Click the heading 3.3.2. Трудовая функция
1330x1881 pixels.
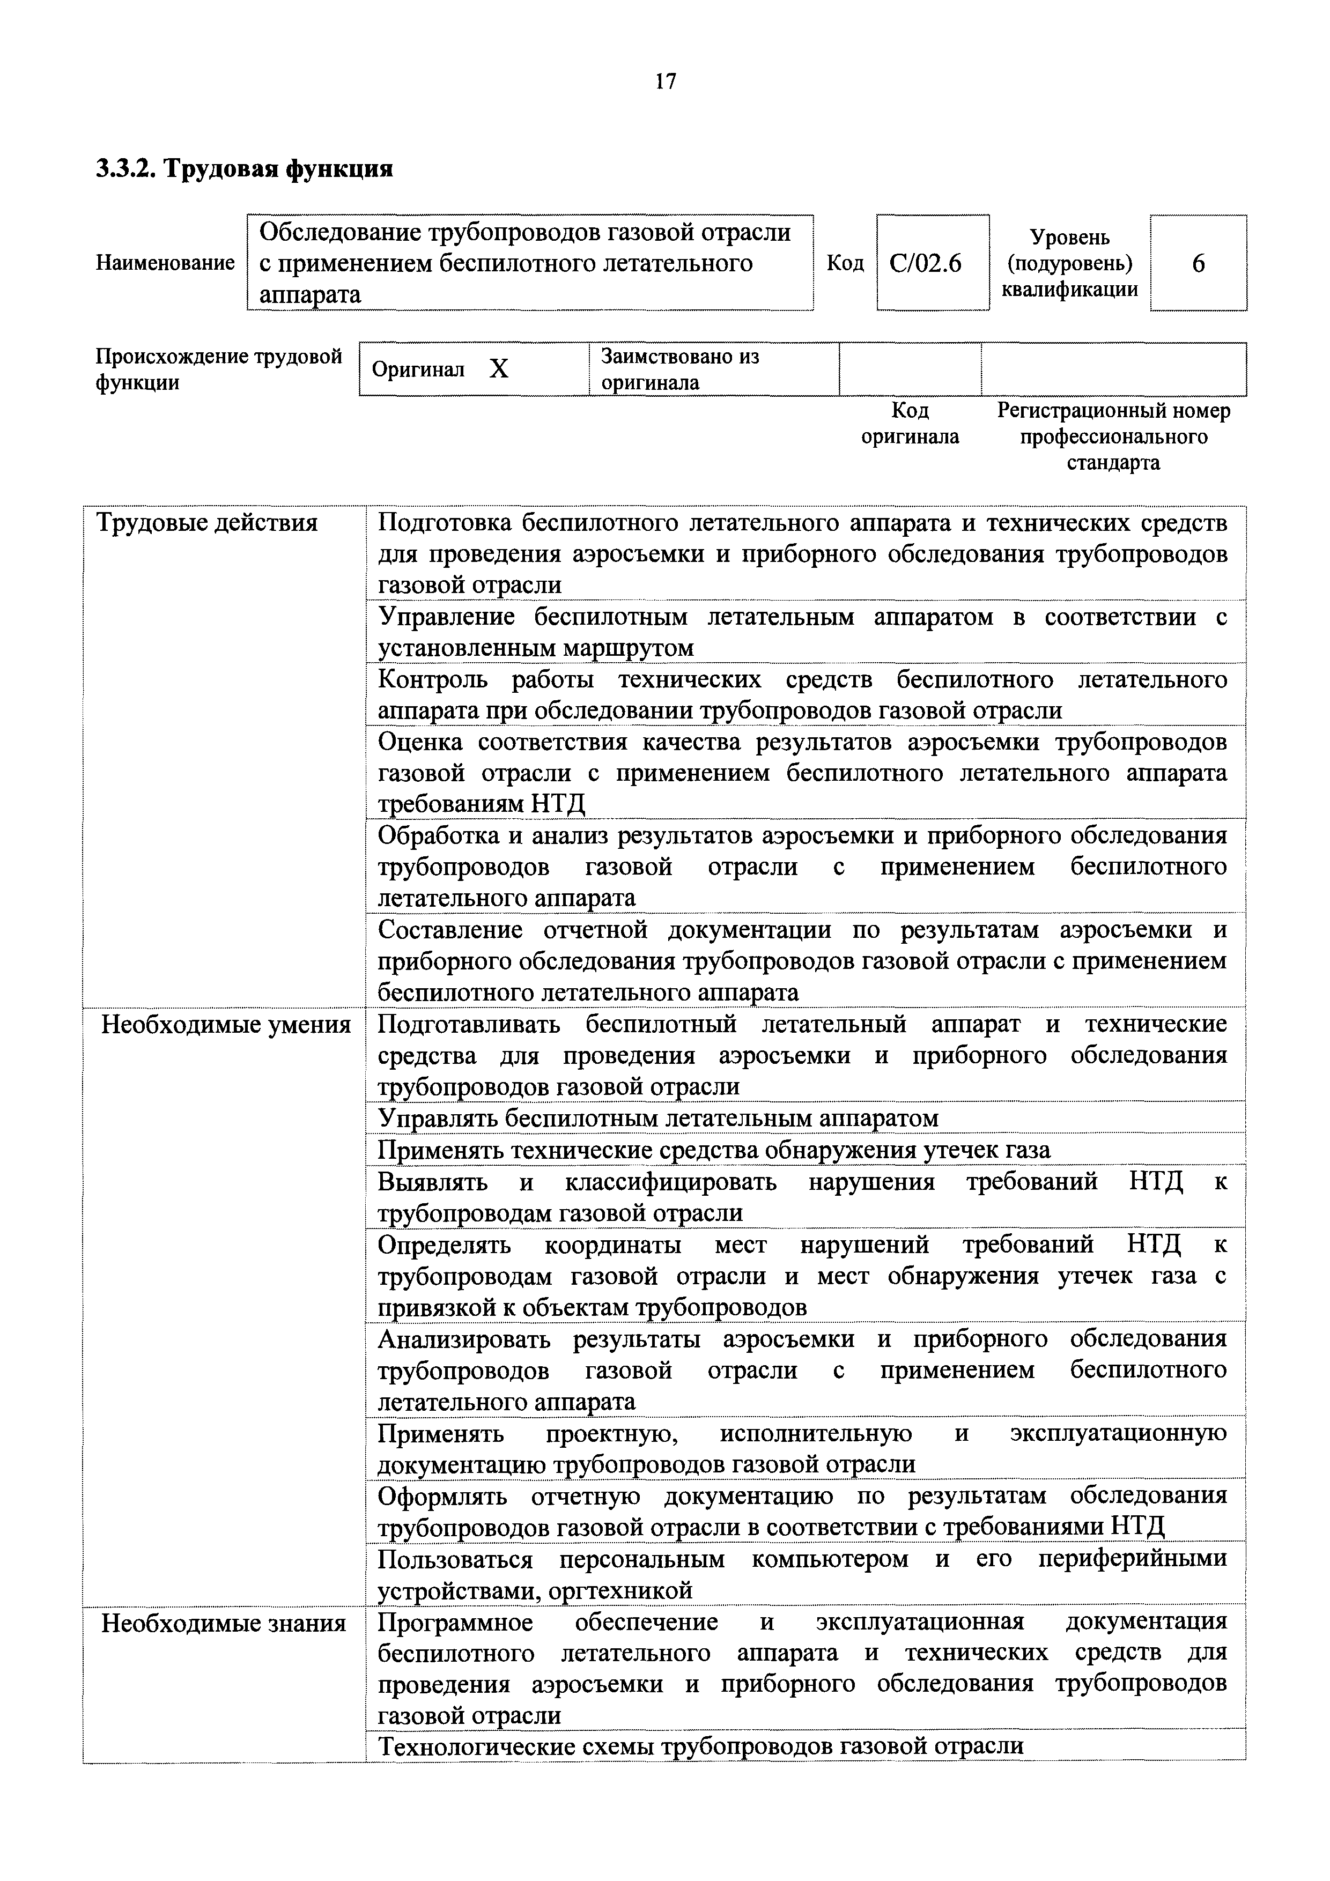[244, 169]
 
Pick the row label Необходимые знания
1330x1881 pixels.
[224, 1623]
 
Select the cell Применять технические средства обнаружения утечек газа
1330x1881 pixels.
[714, 1150]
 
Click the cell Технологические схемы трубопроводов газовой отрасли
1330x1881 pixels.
[700, 1746]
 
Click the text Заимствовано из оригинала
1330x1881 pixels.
[679, 369]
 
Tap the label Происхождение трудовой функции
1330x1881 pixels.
[218, 369]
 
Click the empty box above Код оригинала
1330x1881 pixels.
[910, 369]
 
